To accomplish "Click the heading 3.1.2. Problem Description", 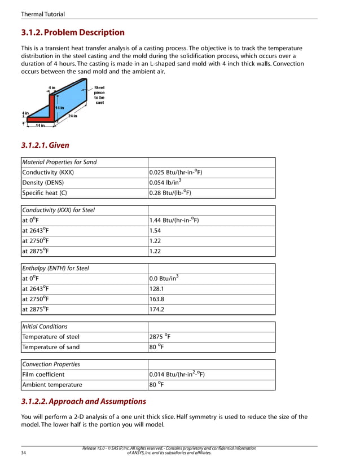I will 73,32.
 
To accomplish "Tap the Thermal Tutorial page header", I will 42,14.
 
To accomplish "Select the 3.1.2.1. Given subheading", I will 45,145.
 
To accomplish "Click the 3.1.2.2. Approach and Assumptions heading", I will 84,402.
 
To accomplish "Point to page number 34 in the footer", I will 24,452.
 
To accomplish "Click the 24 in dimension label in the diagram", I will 72,116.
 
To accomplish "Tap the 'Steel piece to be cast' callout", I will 99,95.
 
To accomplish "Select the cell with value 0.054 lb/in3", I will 165,183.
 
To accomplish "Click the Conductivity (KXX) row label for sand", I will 48,173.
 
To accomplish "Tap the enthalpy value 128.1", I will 156,289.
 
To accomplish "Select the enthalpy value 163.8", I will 156,299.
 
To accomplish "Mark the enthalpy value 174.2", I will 156,309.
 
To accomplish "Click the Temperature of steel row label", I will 51,337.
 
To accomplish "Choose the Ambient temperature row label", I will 52,385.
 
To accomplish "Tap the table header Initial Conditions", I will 45,327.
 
